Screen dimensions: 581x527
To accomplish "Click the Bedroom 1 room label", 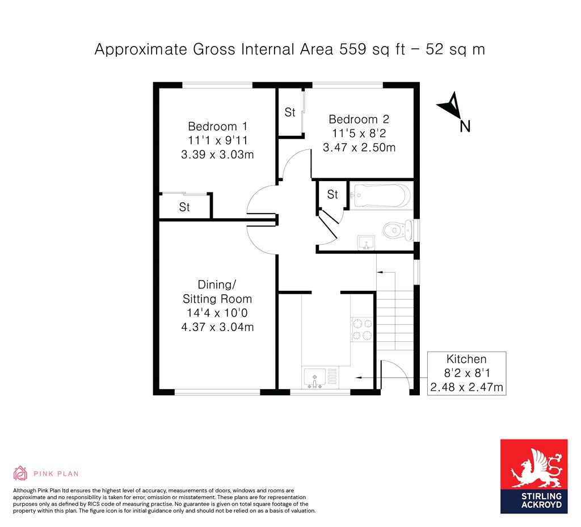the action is (x=217, y=127).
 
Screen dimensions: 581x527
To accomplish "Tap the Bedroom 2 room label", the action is (x=359, y=119).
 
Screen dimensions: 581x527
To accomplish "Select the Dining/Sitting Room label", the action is (x=217, y=291).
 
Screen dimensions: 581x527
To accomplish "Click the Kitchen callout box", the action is (x=466, y=373).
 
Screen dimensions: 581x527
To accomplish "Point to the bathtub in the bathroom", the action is (x=381, y=195).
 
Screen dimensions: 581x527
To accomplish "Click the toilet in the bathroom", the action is (x=399, y=231).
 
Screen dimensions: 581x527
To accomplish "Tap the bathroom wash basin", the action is (x=366, y=242).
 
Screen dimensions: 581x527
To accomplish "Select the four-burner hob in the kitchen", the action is (x=362, y=329).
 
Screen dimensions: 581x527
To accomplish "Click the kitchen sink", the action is (x=314, y=378).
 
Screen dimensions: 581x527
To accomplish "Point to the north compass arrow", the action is (x=449, y=105).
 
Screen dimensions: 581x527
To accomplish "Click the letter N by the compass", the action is (x=465, y=127).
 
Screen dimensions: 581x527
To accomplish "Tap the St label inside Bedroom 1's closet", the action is (x=184, y=207).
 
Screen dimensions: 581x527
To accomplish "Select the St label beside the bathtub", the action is (x=332, y=194).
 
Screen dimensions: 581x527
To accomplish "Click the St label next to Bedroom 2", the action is (x=290, y=112).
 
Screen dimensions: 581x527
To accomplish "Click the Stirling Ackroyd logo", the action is (x=534, y=476).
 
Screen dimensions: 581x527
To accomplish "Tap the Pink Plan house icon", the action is (x=20, y=473).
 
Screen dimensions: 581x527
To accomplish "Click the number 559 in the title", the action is (x=353, y=49).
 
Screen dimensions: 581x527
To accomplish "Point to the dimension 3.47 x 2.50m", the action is (x=359, y=148).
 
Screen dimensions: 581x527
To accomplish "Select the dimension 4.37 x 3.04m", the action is (x=217, y=327).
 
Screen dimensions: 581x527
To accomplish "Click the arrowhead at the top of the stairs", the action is (x=380, y=273).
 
